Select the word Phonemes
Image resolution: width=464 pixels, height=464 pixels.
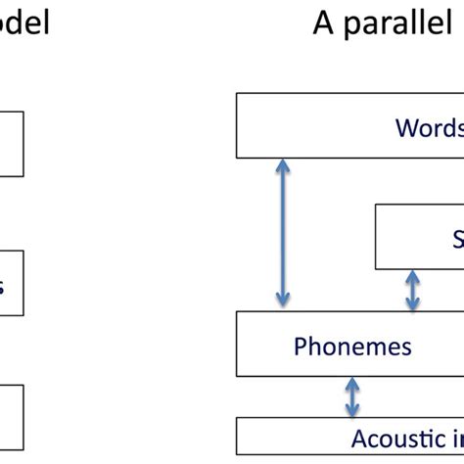point(352,346)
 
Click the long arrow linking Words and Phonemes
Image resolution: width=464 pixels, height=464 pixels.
point(283,234)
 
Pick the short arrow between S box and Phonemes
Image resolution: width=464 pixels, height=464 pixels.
point(412,291)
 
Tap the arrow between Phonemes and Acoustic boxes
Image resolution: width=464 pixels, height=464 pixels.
point(350,397)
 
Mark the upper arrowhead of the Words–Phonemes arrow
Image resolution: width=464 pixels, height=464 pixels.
point(283,166)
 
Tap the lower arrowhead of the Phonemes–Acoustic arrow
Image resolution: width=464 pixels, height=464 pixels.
point(350,411)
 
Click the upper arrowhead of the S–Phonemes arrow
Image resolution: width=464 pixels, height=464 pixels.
point(412,277)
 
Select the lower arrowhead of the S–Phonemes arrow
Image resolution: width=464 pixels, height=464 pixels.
point(412,304)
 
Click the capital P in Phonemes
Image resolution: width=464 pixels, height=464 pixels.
point(301,346)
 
